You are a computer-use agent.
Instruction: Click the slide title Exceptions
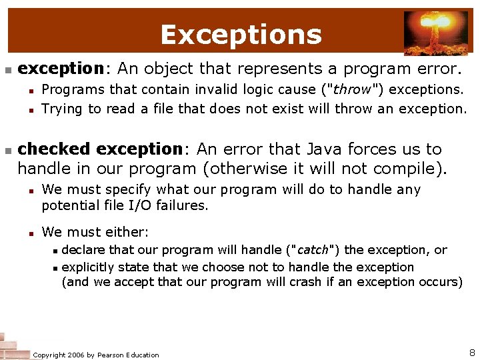(241, 34)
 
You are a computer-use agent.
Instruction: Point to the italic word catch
(313, 250)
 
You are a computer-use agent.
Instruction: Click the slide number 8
(471, 352)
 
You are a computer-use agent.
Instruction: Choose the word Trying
(62, 108)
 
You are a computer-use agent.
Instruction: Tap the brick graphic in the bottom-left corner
(13, 346)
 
